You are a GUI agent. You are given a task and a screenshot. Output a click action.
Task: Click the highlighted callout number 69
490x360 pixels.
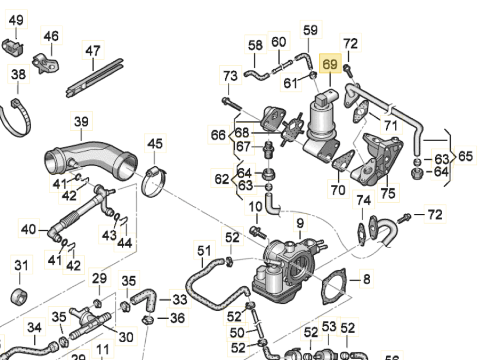pos(330,64)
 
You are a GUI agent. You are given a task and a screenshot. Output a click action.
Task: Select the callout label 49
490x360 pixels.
pos(16,20)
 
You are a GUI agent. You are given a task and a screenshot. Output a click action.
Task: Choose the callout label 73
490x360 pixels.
pos(230,75)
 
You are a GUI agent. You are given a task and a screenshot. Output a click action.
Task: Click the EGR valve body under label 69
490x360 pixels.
pos(322,122)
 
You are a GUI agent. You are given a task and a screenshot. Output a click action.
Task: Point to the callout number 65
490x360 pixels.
pos(465,156)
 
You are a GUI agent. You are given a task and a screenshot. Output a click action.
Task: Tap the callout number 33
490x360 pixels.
pos(179,300)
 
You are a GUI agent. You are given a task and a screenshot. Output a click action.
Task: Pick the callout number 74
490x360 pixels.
pos(364,200)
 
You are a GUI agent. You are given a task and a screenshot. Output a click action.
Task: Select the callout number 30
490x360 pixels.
pos(126,337)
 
